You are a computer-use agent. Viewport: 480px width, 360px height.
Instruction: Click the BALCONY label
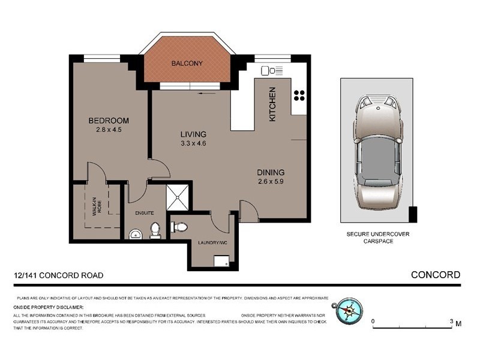pyautogui.click(x=187, y=64)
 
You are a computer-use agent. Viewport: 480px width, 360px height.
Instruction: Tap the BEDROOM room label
pyautogui.click(x=109, y=121)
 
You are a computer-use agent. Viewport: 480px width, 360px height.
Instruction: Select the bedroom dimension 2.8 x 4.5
pyautogui.click(x=109, y=130)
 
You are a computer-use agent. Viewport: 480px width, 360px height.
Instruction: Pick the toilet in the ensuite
pyautogui.click(x=155, y=230)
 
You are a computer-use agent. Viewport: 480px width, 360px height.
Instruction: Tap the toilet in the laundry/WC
pyautogui.click(x=179, y=226)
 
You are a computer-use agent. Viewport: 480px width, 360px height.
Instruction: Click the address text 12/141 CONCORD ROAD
pyautogui.click(x=58, y=275)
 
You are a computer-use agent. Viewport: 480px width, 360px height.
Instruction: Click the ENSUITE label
pyautogui.click(x=144, y=212)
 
